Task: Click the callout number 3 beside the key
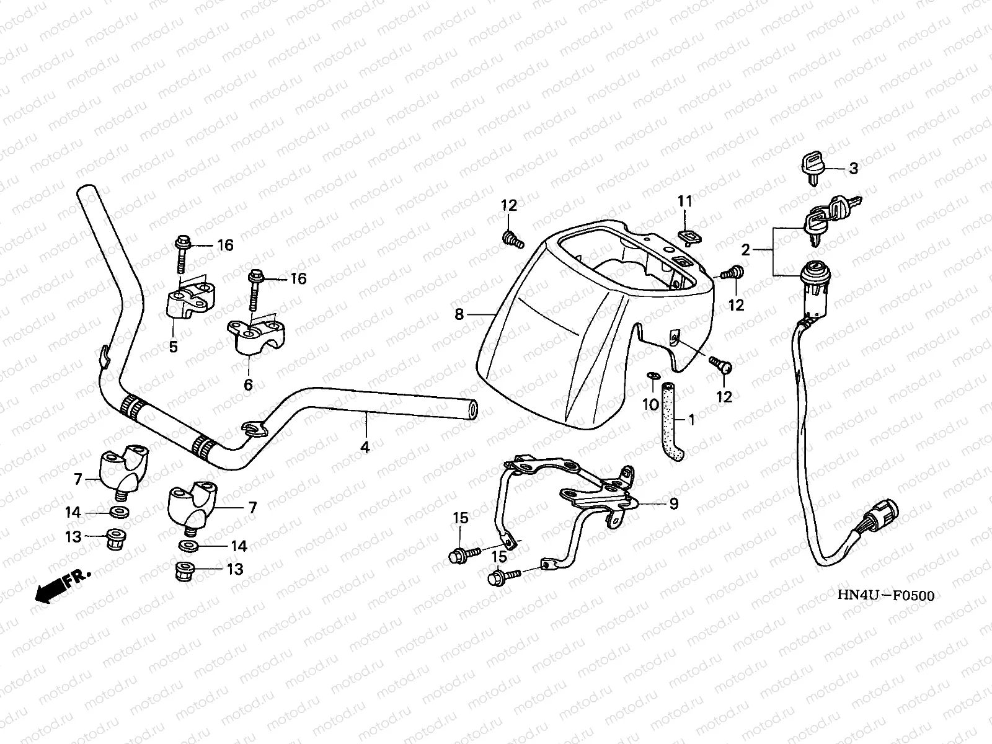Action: click(x=853, y=168)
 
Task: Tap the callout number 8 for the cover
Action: click(x=459, y=314)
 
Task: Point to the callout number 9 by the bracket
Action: click(x=673, y=503)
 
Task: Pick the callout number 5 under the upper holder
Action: click(x=174, y=347)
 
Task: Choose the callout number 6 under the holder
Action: click(x=248, y=384)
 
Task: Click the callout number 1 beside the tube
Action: click(x=692, y=420)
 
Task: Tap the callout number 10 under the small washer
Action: click(x=650, y=405)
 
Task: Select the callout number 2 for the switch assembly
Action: click(x=746, y=250)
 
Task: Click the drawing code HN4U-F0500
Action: click(x=885, y=596)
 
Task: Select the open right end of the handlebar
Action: click(x=473, y=409)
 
